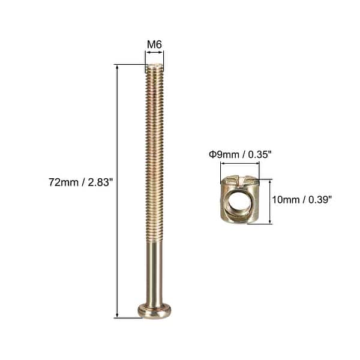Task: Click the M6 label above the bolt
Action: point(155,44)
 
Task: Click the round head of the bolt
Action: point(155,310)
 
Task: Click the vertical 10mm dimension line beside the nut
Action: point(271,201)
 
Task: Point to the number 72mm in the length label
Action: point(62,182)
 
